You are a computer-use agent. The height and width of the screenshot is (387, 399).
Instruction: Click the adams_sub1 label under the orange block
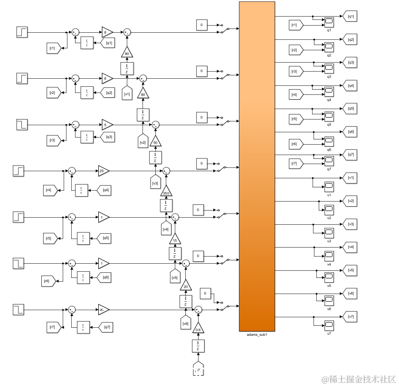coord(256,335)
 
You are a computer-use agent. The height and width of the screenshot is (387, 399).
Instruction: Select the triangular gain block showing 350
coord(165,193)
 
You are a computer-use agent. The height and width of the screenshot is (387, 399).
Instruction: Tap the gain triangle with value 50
coord(155,142)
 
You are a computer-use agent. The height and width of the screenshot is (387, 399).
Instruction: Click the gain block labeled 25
coord(104,170)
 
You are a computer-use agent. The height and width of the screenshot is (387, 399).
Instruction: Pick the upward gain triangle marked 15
coord(175,240)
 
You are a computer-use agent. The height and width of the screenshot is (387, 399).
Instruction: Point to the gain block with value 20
coord(186,286)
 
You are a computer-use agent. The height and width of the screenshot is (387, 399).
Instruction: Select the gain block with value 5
coord(106,124)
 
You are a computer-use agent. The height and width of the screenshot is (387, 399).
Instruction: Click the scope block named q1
coord(329,22)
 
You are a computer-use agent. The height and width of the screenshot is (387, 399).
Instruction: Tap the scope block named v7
coord(329,324)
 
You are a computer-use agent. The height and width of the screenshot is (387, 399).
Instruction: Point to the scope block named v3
coord(329,231)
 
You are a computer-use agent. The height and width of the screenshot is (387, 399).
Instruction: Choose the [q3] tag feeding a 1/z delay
coord(109,138)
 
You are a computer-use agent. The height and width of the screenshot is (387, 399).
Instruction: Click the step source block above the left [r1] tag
coord(22,32)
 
